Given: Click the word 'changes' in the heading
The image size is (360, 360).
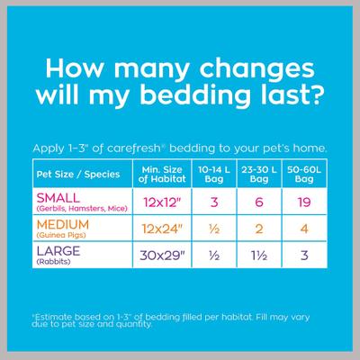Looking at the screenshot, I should pyautogui.click(x=239, y=68).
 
